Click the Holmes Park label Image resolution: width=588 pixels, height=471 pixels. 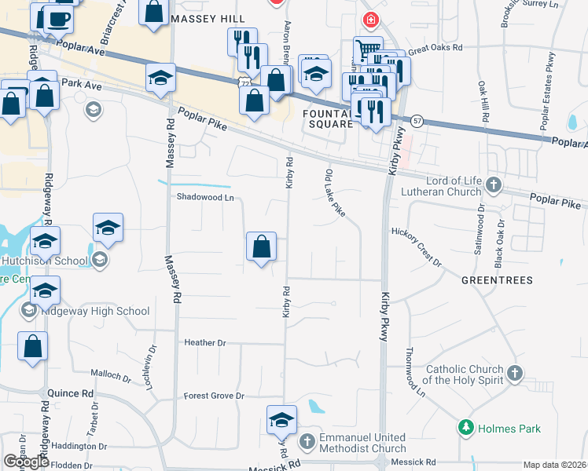point(499,429)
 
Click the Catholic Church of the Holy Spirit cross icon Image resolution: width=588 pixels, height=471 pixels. point(515,373)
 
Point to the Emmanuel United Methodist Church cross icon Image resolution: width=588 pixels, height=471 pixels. point(307,443)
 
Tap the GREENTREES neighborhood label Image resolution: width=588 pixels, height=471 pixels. point(497,280)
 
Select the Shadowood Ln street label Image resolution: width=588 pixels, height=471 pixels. point(206,198)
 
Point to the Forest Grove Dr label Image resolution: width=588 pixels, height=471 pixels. point(214,396)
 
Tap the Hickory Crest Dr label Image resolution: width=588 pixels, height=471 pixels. point(417,248)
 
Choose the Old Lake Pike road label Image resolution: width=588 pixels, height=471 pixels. point(335,194)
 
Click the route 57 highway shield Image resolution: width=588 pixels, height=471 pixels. point(417,120)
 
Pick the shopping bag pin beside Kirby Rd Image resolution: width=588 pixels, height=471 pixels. point(261,247)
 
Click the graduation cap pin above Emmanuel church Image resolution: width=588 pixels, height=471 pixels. point(281,421)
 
